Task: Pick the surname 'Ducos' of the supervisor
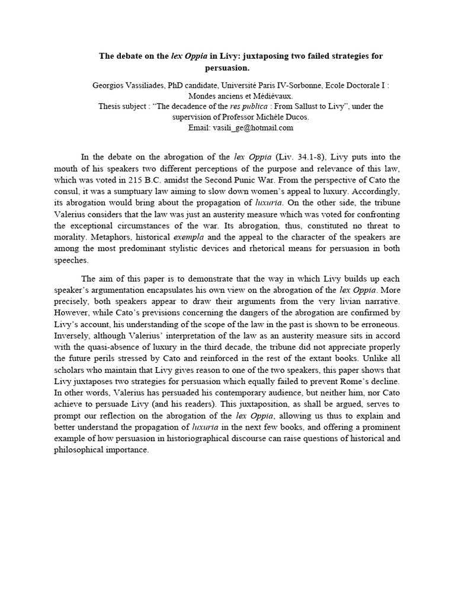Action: point(296,117)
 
